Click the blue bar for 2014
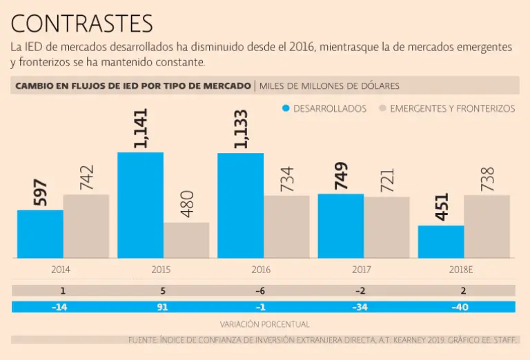[x=40, y=234]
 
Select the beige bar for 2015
[x=186, y=240]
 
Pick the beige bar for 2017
[x=386, y=228]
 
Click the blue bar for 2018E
[x=441, y=241]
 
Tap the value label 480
[x=186, y=203]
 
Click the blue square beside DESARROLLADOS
[x=286, y=108]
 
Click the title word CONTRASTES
[x=81, y=23]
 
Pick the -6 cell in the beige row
[x=261, y=291]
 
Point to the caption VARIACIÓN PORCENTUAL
[x=265, y=324]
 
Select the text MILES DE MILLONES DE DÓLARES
[x=329, y=86]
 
